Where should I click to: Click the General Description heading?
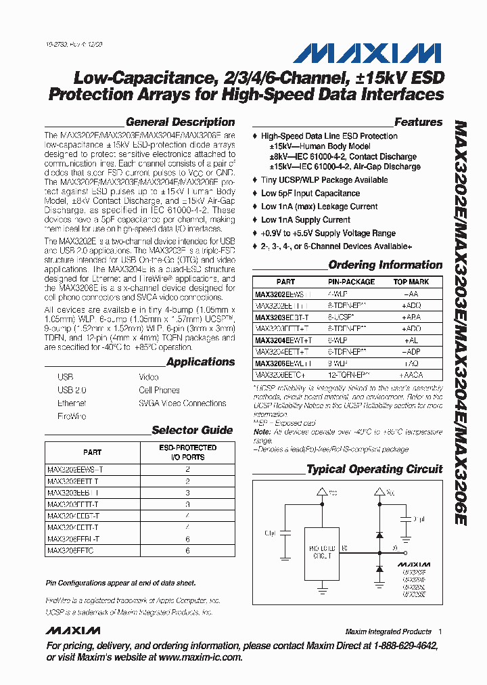pos(180,123)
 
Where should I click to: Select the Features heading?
pos(418,123)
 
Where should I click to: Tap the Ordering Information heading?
pos(385,265)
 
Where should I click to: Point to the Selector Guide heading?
pos(192,430)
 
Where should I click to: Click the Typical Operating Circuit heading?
pos(374,469)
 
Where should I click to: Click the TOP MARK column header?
pos(411,282)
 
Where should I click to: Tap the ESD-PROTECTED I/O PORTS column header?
pos(187,452)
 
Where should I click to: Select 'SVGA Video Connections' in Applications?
pos(182,403)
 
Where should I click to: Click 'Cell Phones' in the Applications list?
pos(159,391)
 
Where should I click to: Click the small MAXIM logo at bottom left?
pos(73,631)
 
